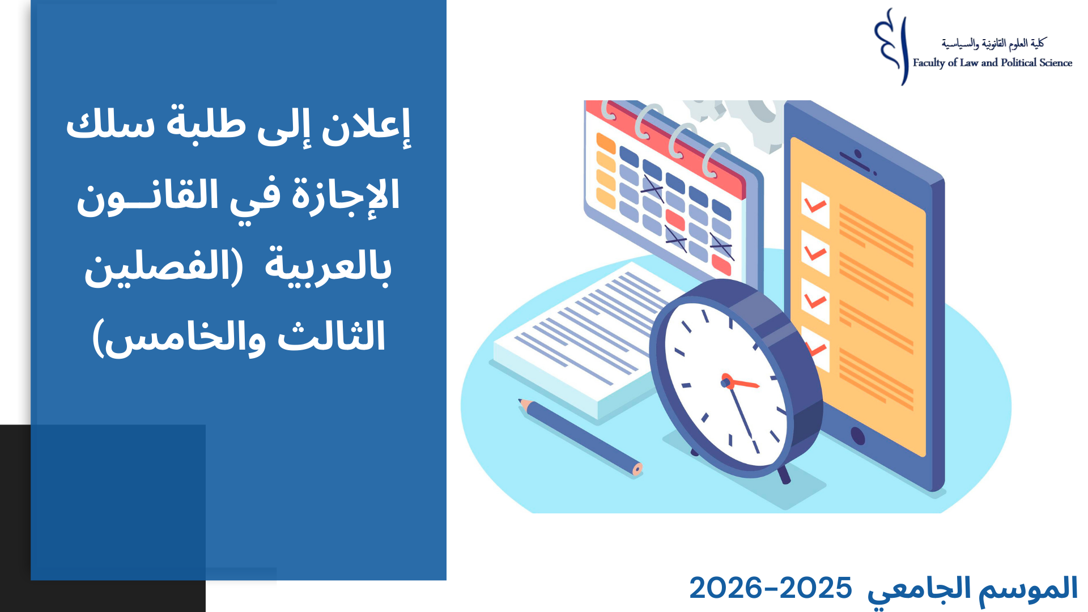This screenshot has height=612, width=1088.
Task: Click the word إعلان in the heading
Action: tap(366, 126)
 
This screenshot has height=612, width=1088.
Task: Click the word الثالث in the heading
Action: tap(331, 336)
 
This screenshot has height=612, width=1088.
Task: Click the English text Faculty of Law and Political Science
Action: tap(992, 63)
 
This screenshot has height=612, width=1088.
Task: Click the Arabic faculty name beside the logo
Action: tap(993, 43)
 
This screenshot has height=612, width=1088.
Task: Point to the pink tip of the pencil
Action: tap(637, 469)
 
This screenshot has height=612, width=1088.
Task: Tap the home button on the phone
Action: tap(858, 436)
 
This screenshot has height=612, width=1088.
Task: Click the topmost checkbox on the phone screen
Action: tap(815, 205)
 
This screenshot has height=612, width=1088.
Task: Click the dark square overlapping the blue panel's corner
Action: tap(118, 503)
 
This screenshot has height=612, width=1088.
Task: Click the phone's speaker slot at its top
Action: tap(857, 160)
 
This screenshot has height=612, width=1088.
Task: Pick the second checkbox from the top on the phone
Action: tap(815, 253)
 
